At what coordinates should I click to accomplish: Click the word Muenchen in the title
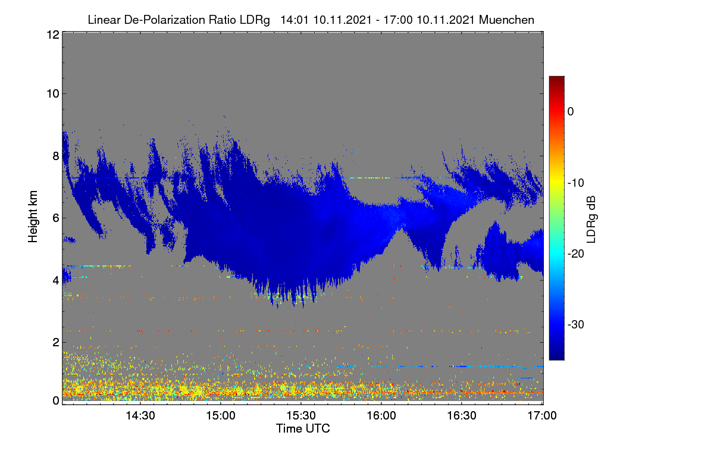pos(506,20)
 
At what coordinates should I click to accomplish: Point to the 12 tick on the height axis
pos(53,35)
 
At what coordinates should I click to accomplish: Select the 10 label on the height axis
pos(53,94)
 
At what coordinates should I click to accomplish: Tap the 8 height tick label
pos(57,156)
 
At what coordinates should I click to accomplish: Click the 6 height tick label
pos(57,218)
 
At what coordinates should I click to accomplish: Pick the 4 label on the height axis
pos(57,281)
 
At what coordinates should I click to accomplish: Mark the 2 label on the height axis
pos(57,342)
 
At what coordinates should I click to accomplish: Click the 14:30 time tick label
pos(140,415)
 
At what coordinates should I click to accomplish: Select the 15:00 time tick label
pos(221,415)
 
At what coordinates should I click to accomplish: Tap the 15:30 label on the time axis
pos(301,415)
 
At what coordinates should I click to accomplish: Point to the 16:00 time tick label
pos(381,415)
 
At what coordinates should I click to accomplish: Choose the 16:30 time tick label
pos(462,415)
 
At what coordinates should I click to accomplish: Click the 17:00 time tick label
pos(542,415)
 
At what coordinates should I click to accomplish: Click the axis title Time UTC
pos(303,428)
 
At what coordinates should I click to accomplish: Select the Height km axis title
pos(33,217)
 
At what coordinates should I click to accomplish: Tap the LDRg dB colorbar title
pos(591,220)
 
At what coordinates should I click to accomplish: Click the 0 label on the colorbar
pos(571,112)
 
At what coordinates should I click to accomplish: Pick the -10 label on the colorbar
pos(576,183)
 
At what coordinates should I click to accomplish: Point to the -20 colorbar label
pos(576,254)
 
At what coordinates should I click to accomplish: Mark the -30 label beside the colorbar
pos(576,324)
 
